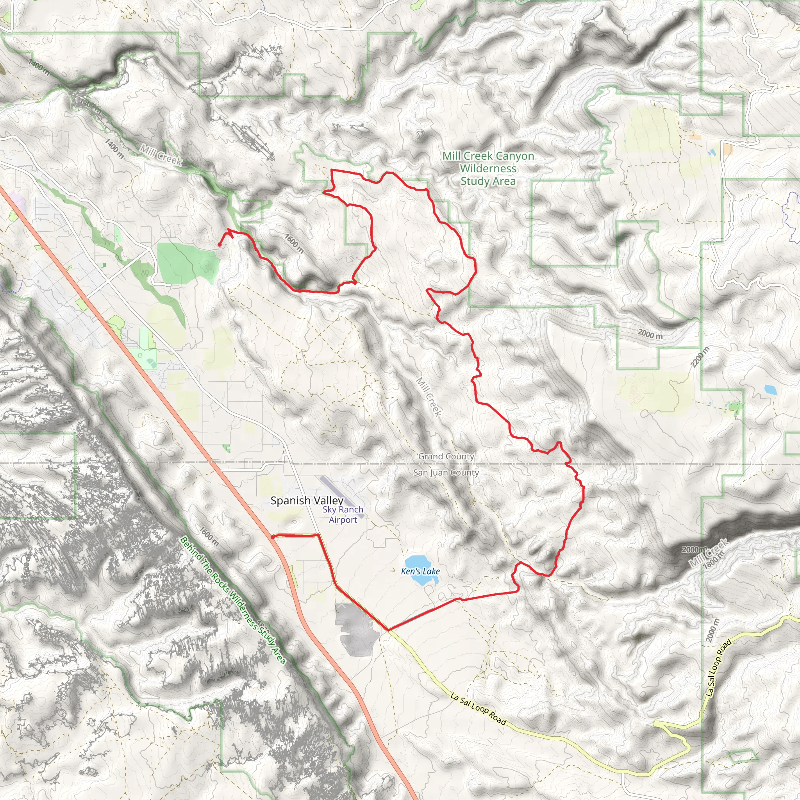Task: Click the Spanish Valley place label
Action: pyautogui.click(x=306, y=501)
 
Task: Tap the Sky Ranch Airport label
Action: pyautogui.click(x=343, y=515)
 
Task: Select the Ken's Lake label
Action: pyautogui.click(x=420, y=571)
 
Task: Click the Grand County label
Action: pyautogui.click(x=446, y=456)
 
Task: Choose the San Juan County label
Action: pyautogui.click(x=446, y=473)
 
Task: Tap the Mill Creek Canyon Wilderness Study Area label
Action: pyautogui.click(x=488, y=168)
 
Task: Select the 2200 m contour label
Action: pyautogui.click(x=700, y=357)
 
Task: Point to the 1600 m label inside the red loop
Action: pyautogui.click(x=295, y=243)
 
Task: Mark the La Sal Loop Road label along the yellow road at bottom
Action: pyautogui.click(x=478, y=709)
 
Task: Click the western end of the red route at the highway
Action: pyautogui.click(x=273, y=537)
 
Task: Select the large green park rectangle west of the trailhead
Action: pyautogui.click(x=187, y=263)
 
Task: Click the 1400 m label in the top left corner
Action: pyautogui.click(x=39, y=68)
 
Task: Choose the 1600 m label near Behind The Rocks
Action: pyautogui.click(x=209, y=536)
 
